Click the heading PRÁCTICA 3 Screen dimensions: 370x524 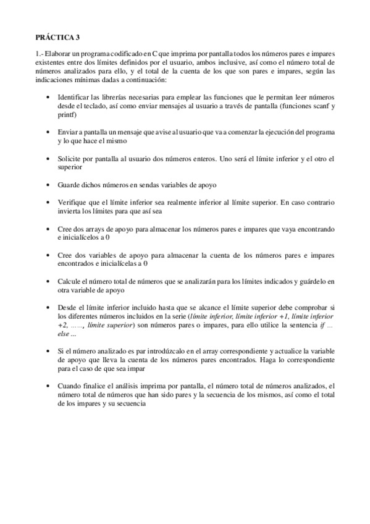click(54, 37)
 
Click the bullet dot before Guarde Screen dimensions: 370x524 click(49, 185)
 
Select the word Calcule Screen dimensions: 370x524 click(70, 281)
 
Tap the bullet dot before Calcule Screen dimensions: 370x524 click(49, 281)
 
